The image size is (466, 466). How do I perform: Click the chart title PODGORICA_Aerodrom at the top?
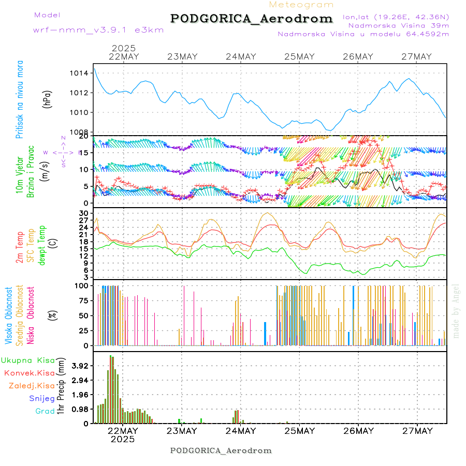point(252,19)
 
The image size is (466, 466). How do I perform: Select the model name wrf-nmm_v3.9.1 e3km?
point(98,30)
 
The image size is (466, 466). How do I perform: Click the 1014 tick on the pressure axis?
point(79,73)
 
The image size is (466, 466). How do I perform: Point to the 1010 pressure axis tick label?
point(79,112)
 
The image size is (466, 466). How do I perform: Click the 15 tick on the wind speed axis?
point(83,152)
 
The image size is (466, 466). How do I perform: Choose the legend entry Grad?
point(45,411)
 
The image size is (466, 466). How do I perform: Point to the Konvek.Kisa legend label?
point(29,373)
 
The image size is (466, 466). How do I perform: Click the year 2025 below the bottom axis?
point(123,439)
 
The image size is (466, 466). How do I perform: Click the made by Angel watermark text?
point(456,311)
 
